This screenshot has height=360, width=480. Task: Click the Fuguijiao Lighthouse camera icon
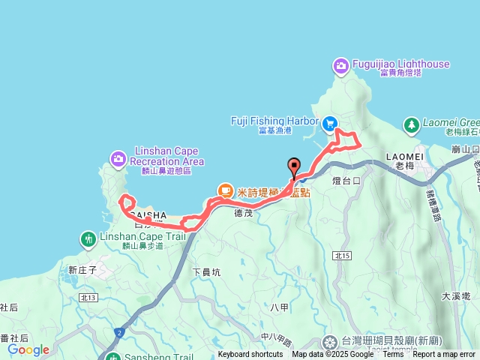[x=341, y=66]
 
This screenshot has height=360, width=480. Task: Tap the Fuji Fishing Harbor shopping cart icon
[x=329, y=122]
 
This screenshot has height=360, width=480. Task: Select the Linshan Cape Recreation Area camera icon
[x=118, y=158]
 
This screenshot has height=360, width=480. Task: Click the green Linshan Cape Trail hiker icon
[x=88, y=239]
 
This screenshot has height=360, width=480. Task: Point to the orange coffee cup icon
[x=224, y=191]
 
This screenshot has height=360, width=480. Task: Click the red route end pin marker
[x=293, y=167]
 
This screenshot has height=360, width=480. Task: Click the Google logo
[x=28, y=349]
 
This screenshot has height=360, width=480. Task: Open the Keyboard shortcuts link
[x=250, y=355]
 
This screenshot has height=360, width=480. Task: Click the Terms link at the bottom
[x=393, y=355]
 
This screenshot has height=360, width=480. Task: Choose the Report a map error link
[x=444, y=355]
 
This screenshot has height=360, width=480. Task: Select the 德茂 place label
[x=244, y=213]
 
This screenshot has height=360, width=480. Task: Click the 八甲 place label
[x=279, y=306]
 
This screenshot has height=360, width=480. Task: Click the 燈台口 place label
[x=346, y=181]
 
